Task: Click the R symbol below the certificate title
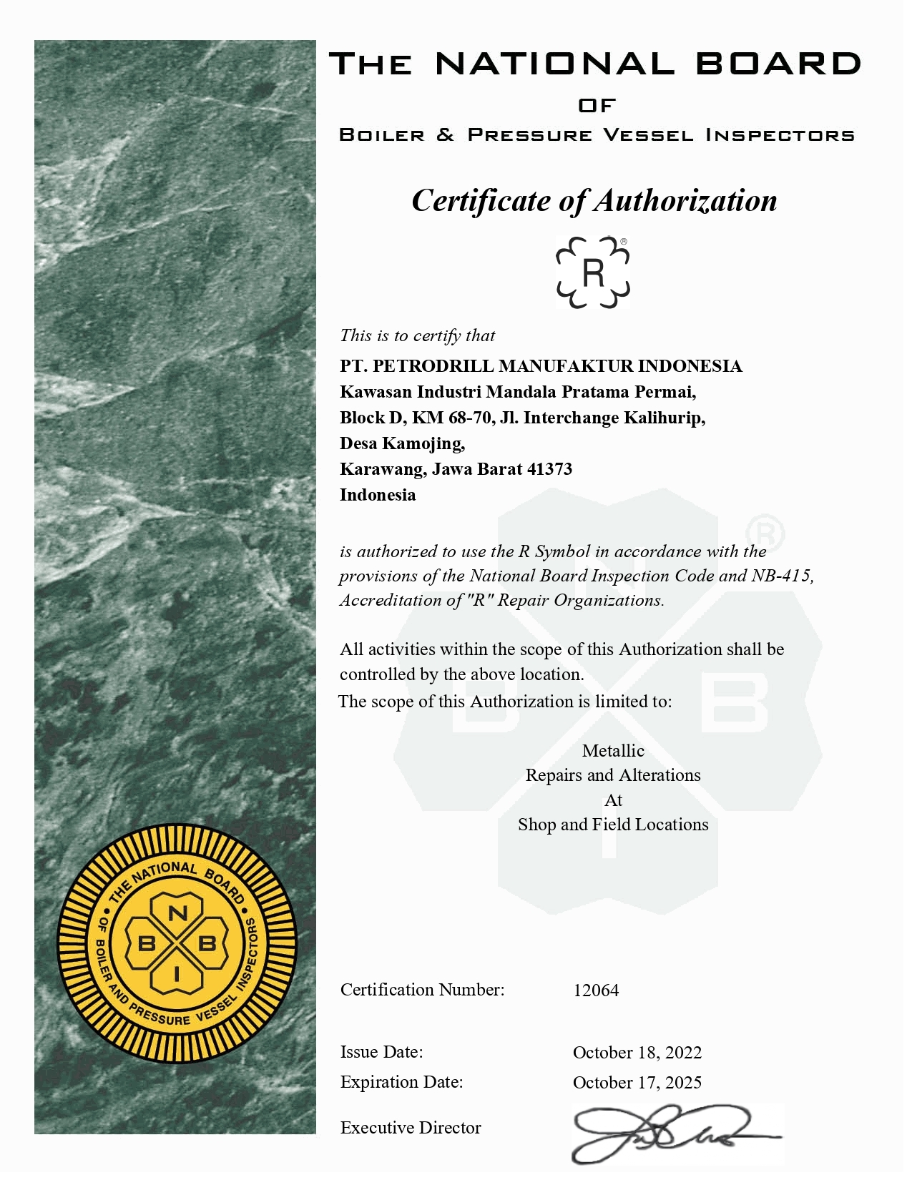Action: (x=593, y=272)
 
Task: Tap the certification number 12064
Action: (x=596, y=990)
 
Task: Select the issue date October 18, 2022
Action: (x=637, y=1053)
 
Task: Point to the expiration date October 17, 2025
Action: (x=637, y=1083)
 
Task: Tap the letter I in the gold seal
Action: (x=177, y=973)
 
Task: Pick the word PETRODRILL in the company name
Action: (x=433, y=366)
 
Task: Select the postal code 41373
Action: (x=549, y=469)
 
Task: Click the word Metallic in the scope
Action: (x=613, y=751)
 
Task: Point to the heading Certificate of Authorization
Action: (x=594, y=200)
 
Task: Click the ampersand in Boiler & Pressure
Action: (x=445, y=134)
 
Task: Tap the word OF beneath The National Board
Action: (x=597, y=106)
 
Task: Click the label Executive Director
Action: (x=411, y=1128)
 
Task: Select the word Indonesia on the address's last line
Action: (x=378, y=495)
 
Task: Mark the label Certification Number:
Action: (x=422, y=990)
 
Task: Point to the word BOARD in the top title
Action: (x=778, y=64)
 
